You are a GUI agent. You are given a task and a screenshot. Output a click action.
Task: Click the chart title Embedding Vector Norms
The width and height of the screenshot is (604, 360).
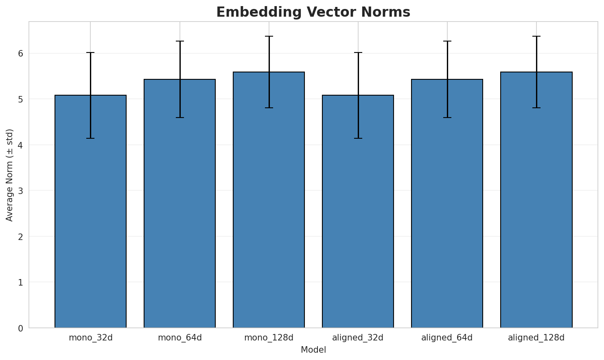coord(313,12)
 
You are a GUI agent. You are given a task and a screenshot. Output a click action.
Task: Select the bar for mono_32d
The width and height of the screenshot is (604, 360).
coord(90,212)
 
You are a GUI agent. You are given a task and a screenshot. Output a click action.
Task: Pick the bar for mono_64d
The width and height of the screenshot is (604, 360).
coord(179,203)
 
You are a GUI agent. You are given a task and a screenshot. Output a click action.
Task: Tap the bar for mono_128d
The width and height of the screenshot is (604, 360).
coord(269,200)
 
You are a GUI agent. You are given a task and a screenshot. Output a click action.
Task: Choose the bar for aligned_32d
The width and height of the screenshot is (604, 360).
coord(358,212)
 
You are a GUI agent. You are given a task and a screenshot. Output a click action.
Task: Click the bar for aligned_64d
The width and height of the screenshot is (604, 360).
coord(447,203)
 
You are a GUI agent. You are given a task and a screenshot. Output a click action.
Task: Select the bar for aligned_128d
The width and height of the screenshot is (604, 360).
coord(536,200)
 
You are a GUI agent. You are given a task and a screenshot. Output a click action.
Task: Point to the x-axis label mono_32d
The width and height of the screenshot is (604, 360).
coord(90,338)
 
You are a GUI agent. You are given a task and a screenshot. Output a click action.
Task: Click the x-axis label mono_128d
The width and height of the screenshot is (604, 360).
coord(269,338)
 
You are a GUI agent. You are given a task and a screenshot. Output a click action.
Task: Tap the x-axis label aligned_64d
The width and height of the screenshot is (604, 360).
coord(447,338)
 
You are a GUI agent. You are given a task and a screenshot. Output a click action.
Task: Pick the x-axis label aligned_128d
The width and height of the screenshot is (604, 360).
coord(536,338)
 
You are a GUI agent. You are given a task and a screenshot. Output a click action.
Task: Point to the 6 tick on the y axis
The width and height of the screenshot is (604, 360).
coord(20,53)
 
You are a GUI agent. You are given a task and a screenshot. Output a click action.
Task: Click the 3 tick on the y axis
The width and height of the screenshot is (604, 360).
coord(20,191)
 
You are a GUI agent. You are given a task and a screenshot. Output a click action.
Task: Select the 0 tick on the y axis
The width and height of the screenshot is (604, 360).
coord(20,328)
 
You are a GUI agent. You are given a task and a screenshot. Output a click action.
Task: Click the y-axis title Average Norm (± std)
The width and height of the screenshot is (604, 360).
coord(10,175)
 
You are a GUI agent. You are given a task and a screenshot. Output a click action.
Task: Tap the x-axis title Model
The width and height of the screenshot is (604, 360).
coord(313,350)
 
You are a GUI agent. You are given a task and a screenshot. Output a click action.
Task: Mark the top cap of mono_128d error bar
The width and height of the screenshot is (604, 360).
coord(269,36)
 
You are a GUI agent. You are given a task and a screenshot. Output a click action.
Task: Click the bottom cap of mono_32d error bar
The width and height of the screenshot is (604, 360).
coord(90,138)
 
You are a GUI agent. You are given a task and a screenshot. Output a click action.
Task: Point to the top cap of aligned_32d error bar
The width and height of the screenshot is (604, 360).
coord(358,52)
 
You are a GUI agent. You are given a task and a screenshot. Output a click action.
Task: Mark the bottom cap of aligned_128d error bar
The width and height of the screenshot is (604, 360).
coord(536,108)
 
